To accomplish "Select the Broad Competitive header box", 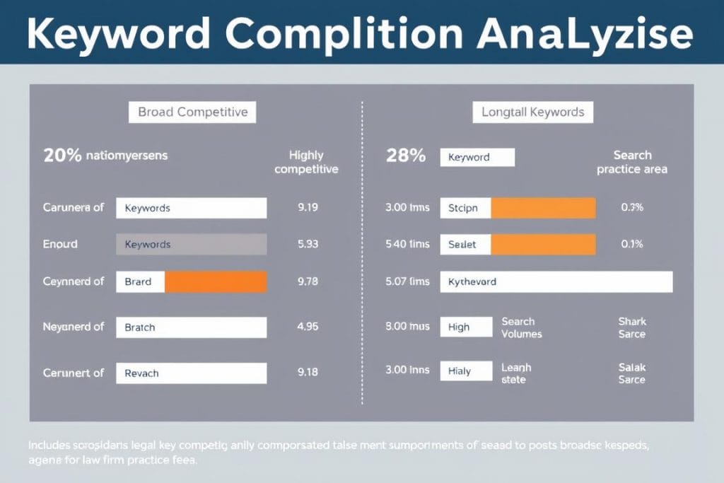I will point(192,112).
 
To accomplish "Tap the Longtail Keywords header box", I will point(532,112).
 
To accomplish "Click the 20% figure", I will point(62,156).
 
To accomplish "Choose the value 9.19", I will point(308,208).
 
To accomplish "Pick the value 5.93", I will point(308,244).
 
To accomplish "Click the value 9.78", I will point(308,281).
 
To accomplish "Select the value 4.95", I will point(308,327).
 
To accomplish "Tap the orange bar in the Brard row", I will point(215,281).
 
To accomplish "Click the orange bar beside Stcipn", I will point(543,208).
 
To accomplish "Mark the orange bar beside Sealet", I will point(543,244).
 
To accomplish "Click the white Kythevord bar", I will point(556,281).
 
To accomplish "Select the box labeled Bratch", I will point(191,327).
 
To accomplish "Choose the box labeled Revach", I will point(191,373).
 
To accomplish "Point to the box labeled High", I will point(465,327).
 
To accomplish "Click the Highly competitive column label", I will point(306,162).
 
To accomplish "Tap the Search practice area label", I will point(632,162).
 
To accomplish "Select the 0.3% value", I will point(631,208).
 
